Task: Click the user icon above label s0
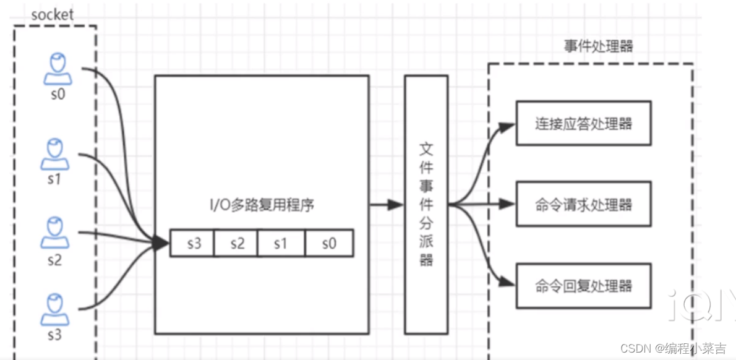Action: click(x=57, y=69)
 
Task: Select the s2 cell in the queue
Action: click(x=236, y=244)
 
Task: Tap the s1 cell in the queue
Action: click(x=281, y=244)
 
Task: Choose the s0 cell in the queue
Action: click(x=329, y=244)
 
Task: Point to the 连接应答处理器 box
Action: click(x=583, y=124)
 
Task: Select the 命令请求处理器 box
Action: click(x=583, y=204)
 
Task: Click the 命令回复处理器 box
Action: click(x=583, y=286)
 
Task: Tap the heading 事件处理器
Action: click(x=597, y=46)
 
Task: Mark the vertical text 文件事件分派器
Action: click(x=426, y=204)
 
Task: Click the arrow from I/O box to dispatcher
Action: click(x=387, y=205)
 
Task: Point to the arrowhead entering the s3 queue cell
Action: click(x=162, y=244)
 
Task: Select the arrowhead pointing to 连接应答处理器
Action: click(x=508, y=127)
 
